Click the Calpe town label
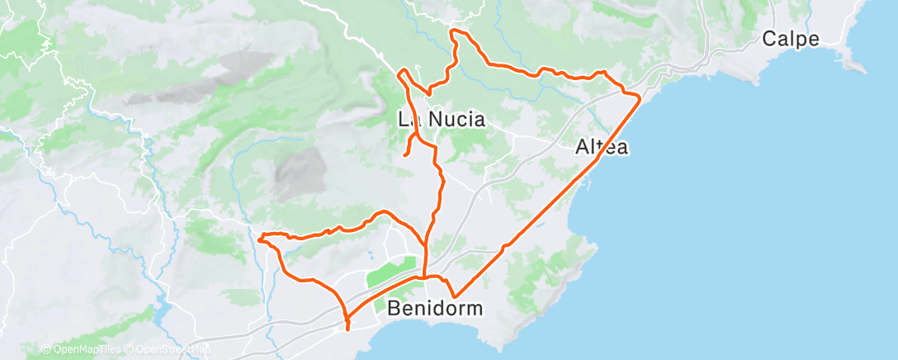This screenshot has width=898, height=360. (x=790, y=39)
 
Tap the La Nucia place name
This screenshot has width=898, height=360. (x=441, y=119)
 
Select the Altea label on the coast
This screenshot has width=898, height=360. (x=602, y=148)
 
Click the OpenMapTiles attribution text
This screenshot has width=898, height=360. (x=83, y=350)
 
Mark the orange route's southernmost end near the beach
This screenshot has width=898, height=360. (x=348, y=329)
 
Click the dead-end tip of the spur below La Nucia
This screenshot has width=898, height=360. (x=404, y=154)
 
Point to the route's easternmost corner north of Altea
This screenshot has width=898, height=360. (x=640, y=97)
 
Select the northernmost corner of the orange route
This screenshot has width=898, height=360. (x=452, y=31)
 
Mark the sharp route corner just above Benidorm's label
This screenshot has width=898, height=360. (x=453, y=296)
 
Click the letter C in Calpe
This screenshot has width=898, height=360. (x=769, y=39)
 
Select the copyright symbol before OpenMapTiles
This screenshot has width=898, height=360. (x=45, y=350)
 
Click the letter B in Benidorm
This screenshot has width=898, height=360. (x=395, y=310)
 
